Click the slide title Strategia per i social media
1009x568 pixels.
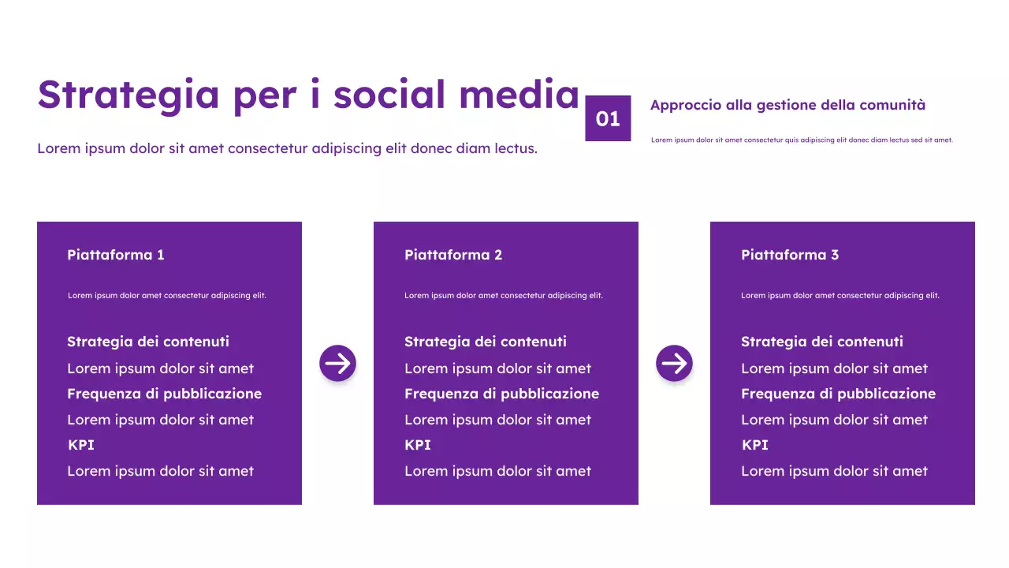(x=308, y=95)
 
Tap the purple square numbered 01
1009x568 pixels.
(x=608, y=118)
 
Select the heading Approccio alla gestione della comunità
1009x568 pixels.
(x=787, y=105)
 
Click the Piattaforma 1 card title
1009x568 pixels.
(x=116, y=255)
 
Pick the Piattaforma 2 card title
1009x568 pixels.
(x=453, y=255)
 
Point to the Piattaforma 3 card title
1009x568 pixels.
(x=790, y=255)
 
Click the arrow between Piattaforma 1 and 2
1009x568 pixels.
(x=337, y=364)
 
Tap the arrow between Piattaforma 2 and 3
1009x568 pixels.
(x=674, y=364)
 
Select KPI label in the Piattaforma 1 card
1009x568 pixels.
(x=81, y=445)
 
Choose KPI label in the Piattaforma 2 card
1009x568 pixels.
(x=418, y=445)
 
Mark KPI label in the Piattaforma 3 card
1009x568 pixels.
(x=755, y=445)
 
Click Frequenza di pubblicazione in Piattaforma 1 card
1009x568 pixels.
(x=164, y=394)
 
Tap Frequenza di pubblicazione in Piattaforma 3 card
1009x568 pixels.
(x=838, y=394)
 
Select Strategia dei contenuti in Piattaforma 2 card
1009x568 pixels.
(x=486, y=342)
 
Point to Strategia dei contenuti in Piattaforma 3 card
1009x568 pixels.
(x=822, y=342)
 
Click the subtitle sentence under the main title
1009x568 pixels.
(x=287, y=148)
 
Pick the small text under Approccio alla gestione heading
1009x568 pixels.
(x=802, y=140)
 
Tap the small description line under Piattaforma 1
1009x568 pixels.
(x=167, y=296)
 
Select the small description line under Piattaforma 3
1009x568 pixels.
(x=840, y=296)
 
